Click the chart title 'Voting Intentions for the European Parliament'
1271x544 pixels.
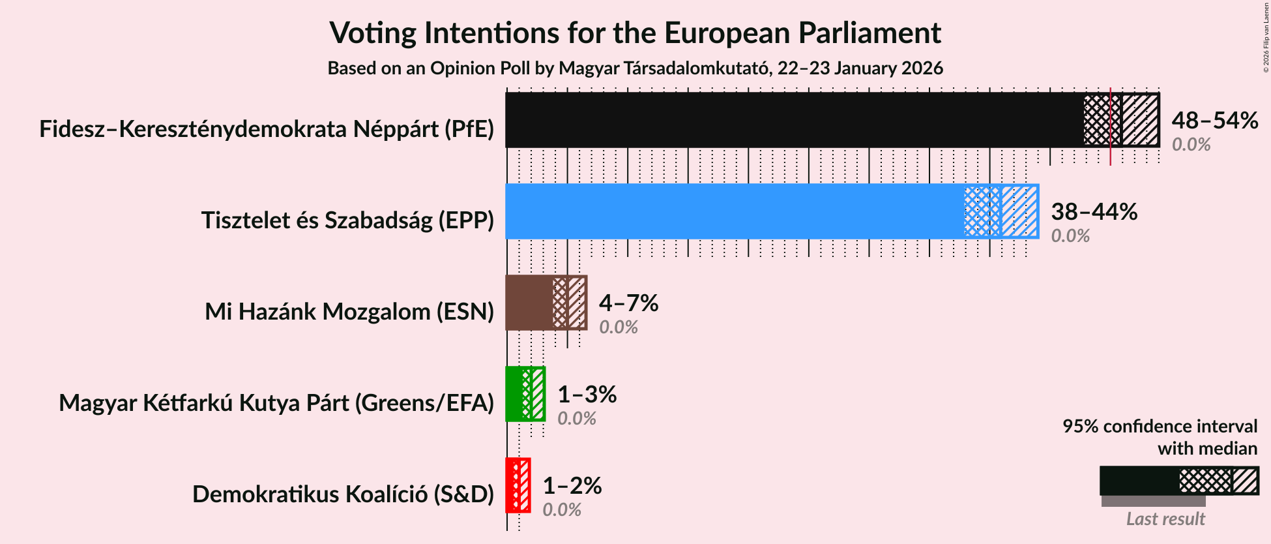tap(635, 33)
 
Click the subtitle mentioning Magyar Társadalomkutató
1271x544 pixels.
tap(635, 68)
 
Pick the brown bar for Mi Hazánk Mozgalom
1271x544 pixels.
tap(529, 303)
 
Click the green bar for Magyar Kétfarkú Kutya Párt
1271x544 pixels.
tap(514, 394)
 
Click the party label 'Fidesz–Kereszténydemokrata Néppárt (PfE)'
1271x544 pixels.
tap(267, 129)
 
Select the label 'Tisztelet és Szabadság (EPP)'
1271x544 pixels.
tap(347, 220)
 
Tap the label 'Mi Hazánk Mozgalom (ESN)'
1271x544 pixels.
tap(349, 312)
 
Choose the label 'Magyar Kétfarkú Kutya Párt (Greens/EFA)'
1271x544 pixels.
tap(276, 403)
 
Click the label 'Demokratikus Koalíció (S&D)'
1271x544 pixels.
tap(343, 494)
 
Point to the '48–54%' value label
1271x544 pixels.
tap(1214, 121)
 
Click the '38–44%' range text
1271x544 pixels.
tap(1094, 212)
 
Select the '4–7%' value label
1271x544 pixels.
tap(628, 303)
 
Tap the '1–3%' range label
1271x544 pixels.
tap(587, 395)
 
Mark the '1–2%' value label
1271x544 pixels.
tap(572, 486)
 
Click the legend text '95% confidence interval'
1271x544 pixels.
tap(1160, 427)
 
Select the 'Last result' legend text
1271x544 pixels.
tap(1165, 519)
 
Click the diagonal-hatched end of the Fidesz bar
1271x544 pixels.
tap(1140, 120)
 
